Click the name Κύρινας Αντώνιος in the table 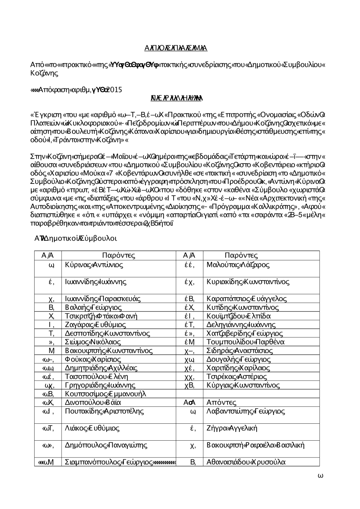point(94,265)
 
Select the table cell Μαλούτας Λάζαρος point(238,265)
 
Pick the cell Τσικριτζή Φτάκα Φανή point(101,316)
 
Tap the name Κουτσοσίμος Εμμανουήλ point(105,394)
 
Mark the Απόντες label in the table point(221,403)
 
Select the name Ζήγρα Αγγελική point(232,428)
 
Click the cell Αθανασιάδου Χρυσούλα point(246,462)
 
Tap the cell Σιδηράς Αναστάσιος point(240,351)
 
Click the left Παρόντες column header point(118,256)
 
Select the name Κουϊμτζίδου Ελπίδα point(239,316)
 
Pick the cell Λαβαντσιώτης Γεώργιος point(246,411)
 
